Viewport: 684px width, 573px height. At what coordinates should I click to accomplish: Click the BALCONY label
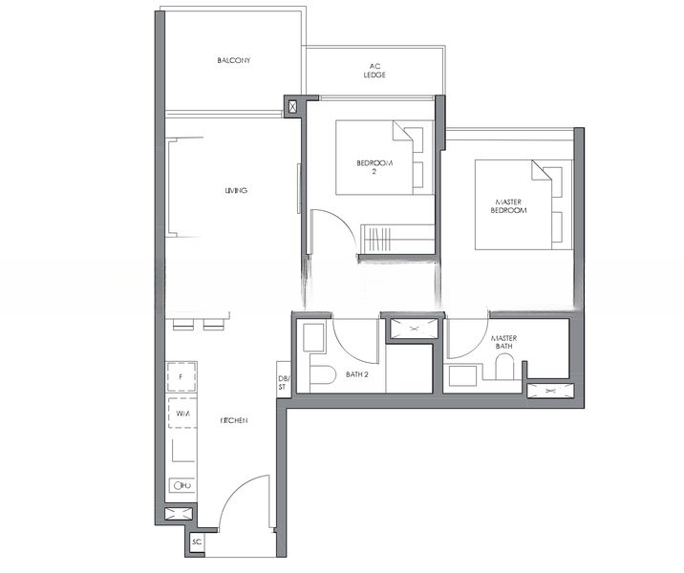[x=233, y=60]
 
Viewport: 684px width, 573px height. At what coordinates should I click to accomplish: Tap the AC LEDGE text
[x=374, y=71]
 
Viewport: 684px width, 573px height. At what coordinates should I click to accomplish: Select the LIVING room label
[x=236, y=191]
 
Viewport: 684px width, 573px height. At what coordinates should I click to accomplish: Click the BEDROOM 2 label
[x=374, y=167]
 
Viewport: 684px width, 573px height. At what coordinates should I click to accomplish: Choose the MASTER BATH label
[x=503, y=343]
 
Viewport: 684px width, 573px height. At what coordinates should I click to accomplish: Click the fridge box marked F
[x=182, y=377]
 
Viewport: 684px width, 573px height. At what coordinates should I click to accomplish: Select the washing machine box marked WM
[x=182, y=413]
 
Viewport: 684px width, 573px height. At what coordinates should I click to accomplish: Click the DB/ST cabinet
[x=283, y=378]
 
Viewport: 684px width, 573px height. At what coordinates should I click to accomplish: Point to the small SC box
[x=197, y=542]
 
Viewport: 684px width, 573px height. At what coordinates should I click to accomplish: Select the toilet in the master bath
[x=503, y=368]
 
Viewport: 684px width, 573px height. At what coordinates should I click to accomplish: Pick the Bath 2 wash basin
[x=311, y=338]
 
